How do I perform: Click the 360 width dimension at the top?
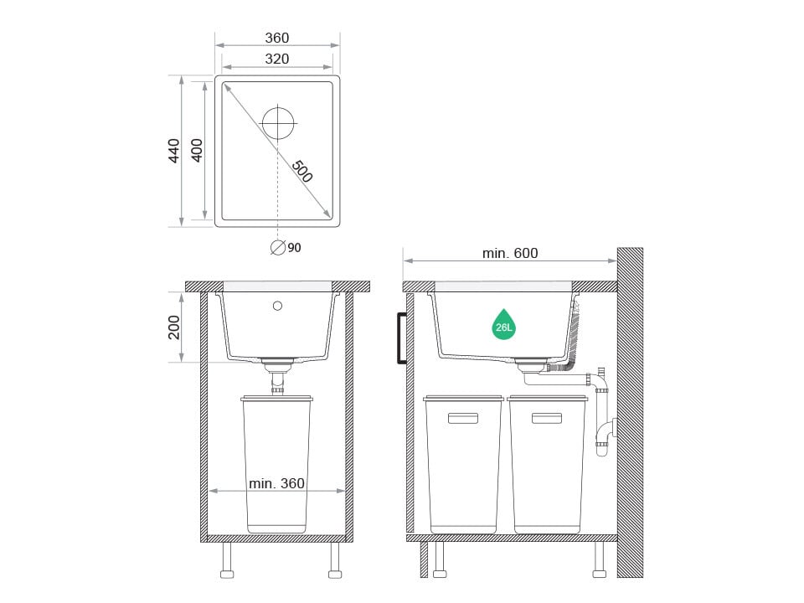(x=277, y=38)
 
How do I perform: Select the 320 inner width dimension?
(x=277, y=59)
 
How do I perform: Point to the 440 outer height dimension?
(x=174, y=151)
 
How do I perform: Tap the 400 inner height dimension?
(x=197, y=151)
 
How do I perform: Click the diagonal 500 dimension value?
(x=302, y=171)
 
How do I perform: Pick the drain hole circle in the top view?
(x=278, y=123)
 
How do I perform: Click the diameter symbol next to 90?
(x=277, y=248)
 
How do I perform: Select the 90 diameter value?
(x=294, y=248)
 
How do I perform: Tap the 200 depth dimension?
(x=174, y=327)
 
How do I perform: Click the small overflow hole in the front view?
(x=277, y=307)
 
